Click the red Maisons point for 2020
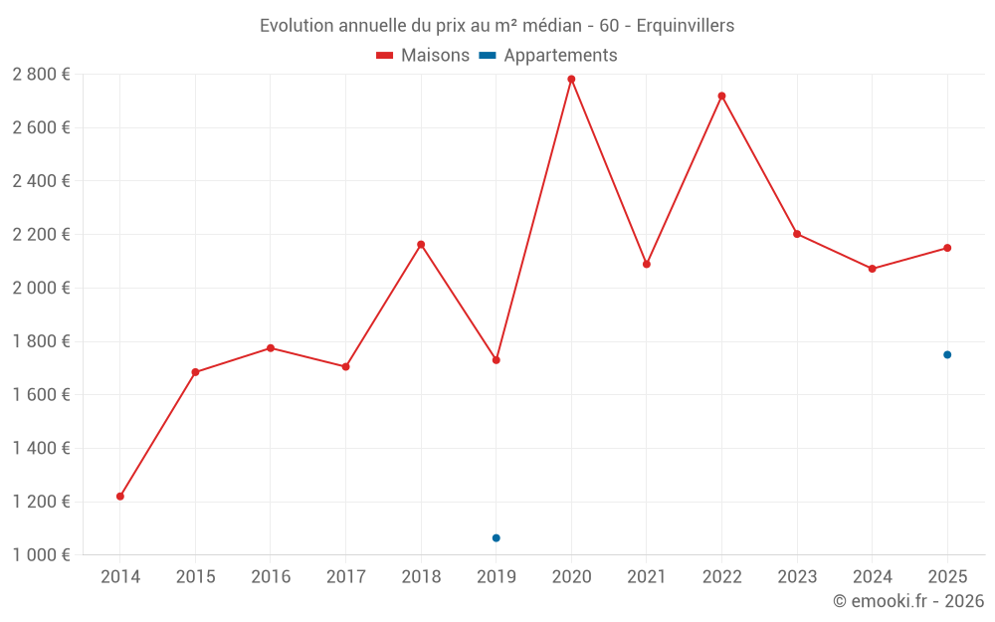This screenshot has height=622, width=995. tap(571, 80)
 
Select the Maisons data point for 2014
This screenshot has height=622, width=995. tap(120, 496)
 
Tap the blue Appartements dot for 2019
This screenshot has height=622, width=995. tap(497, 538)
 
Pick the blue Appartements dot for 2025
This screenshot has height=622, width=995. tap(947, 354)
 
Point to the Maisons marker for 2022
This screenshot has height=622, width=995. tap(721, 96)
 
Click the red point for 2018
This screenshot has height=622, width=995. tap(421, 244)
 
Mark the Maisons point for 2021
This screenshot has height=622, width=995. tap(647, 264)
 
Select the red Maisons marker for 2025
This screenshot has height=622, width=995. tap(947, 248)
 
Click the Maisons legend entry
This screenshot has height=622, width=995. tap(423, 56)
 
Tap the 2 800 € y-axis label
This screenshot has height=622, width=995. tap(41, 75)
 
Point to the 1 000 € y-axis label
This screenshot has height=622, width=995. tap(41, 555)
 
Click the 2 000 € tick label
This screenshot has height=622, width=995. tap(41, 289)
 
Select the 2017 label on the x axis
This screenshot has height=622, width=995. tap(345, 577)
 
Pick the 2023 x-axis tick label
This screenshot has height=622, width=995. tap(797, 577)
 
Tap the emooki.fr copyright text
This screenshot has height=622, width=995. tap(907, 601)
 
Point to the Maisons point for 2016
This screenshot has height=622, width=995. tap(271, 348)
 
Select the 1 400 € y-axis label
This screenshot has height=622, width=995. tap(41, 449)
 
